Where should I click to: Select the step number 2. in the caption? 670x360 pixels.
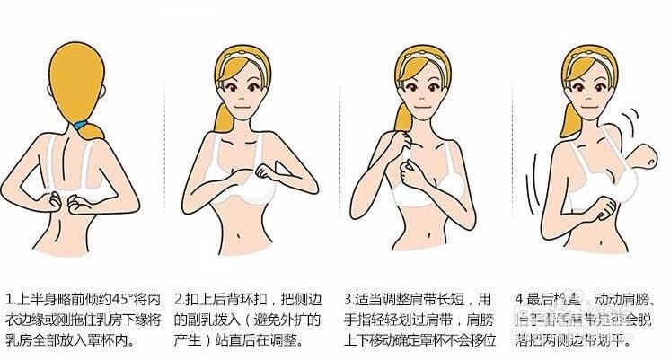[180, 298]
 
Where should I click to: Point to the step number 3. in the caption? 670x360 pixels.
[351, 298]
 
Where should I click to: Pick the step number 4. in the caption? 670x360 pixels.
[521, 298]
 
